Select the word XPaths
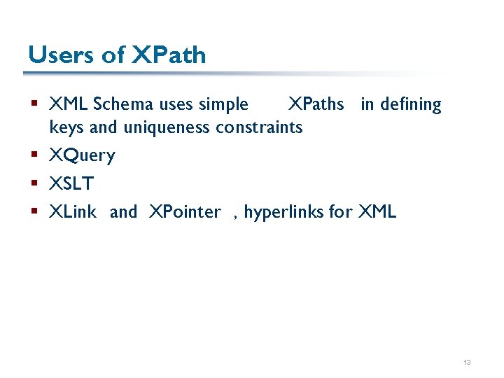pyautogui.click(x=316, y=105)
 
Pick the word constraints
pyautogui.click(x=259, y=127)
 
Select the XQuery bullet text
pyautogui.click(x=82, y=155)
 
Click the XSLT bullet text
pyautogui.click(x=71, y=184)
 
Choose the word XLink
pyautogui.click(x=73, y=212)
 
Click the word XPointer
pyautogui.click(x=185, y=212)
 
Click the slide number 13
pyautogui.click(x=467, y=363)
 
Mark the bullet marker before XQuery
pyautogui.click(x=35, y=155)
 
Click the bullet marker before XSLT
pyautogui.click(x=35, y=184)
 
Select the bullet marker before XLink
pyautogui.click(x=35, y=212)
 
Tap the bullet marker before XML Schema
pyautogui.click(x=35, y=105)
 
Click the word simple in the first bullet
pyautogui.click(x=223, y=105)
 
